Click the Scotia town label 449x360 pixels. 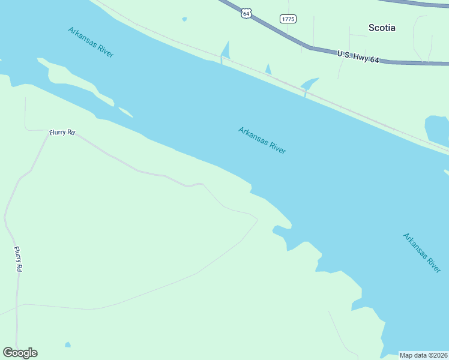point(381,28)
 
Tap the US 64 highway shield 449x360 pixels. point(246,13)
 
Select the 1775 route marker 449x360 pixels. point(288,19)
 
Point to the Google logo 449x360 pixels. point(20,353)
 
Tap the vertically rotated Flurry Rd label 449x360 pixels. point(18,260)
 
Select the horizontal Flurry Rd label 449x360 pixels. point(62,132)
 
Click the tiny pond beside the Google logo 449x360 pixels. point(68,345)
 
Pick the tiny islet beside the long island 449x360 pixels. point(125,112)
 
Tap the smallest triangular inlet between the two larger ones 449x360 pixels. point(268,70)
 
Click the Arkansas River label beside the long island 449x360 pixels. point(91,42)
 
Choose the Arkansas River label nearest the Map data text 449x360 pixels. point(421,253)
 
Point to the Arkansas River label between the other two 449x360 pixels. point(262,140)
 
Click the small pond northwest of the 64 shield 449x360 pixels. point(184,19)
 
